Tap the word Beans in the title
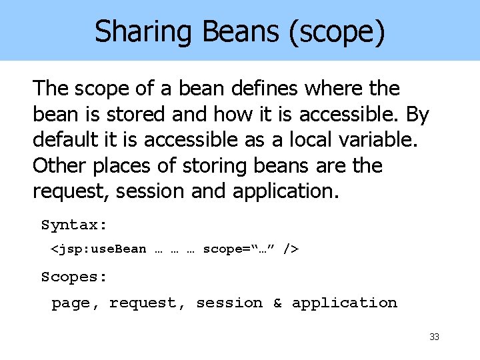225,32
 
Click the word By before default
417,114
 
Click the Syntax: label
74,225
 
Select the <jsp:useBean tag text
99,249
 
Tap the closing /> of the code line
291,249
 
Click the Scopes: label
74,276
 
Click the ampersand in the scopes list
277,303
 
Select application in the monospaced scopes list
344,303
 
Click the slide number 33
434,337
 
